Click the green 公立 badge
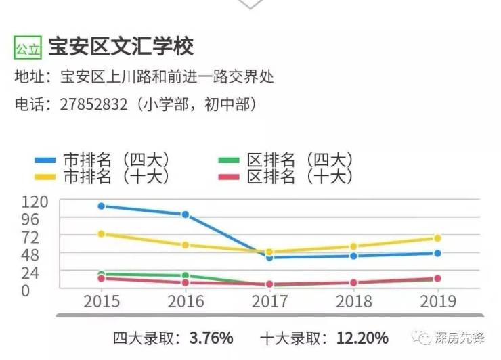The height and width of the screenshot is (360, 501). tap(28, 48)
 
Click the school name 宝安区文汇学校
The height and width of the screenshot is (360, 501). tap(121, 47)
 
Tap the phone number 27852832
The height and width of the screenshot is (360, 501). tap(93, 104)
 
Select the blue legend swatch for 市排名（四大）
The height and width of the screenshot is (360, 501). tap(45, 160)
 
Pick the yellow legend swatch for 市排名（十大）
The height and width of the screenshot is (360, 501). tap(45, 177)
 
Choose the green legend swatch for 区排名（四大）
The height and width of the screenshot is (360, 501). tap(229, 160)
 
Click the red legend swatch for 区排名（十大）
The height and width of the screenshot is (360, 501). tap(229, 177)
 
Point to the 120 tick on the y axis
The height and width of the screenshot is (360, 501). tap(35, 202)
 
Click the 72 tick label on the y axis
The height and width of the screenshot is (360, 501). tap(30, 238)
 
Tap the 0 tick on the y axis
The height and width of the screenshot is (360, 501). tap(26, 291)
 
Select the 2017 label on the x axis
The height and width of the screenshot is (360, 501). tap(269, 302)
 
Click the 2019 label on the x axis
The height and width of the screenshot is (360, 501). tap(438, 302)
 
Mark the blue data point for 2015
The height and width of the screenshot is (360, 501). tap(102, 206)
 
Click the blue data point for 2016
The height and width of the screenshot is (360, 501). tap(186, 215)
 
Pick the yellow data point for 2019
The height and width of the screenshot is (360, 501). tap(438, 238)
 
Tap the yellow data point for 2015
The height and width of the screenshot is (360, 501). tap(102, 234)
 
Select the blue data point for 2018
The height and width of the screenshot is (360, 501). tap(353, 256)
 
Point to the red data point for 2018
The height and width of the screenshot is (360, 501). tap(353, 283)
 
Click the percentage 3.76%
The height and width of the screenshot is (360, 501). tap(211, 338)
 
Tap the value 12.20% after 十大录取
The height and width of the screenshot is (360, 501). tap(362, 338)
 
